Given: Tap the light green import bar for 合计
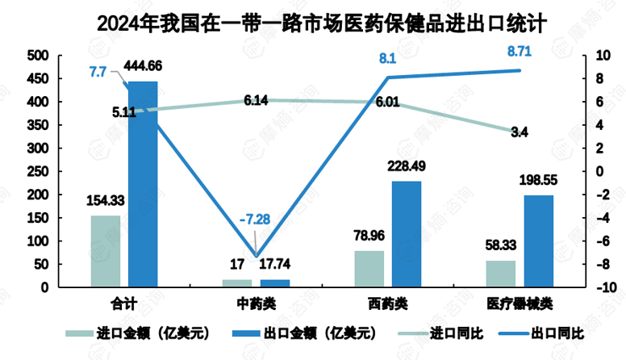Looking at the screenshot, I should click(106, 251).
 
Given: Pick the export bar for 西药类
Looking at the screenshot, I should click(407, 234).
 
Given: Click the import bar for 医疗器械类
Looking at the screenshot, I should click(500, 274).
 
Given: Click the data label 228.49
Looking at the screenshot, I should click(407, 166).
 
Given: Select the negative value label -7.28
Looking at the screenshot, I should click(254, 220).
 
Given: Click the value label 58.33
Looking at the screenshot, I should click(500, 252).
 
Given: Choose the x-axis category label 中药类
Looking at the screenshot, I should click(256, 303).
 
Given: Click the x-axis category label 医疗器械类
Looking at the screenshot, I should click(520, 303).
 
